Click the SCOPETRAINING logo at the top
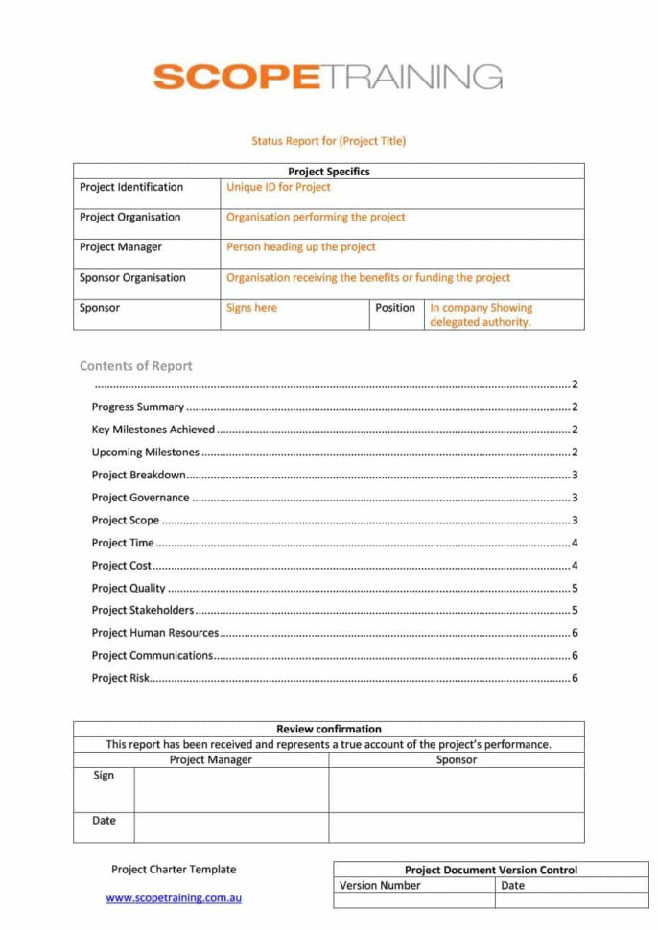point(328,77)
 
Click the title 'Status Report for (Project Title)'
point(329,141)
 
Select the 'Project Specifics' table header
point(329,172)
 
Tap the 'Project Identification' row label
point(131,187)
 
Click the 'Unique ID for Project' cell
point(278,187)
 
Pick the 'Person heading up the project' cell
point(301,246)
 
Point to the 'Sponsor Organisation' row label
point(132,277)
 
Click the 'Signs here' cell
point(251,308)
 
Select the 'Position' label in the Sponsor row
point(395,308)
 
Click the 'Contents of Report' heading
point(136,365)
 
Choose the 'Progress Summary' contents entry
point(138,407)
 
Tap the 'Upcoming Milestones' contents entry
point(146,453)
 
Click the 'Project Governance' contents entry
point(141,498)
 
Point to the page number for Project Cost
point(574,566)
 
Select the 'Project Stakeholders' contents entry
point(143,610)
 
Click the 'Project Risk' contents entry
point(121,678)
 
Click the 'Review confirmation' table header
point(329,729)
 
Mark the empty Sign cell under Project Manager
point(231,789)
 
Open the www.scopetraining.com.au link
point(174,898)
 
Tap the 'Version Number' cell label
point(380,885)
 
